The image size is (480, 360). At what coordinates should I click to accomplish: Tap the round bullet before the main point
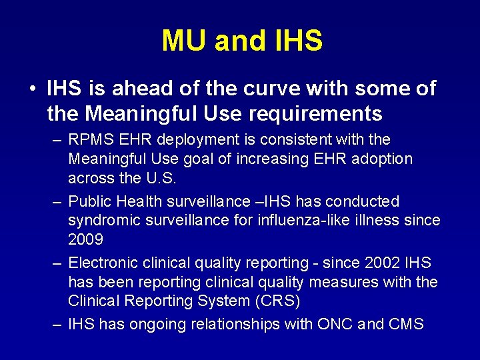click(x=32, y=89)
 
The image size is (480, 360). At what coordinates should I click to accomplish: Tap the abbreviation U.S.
click(x=163, y=177)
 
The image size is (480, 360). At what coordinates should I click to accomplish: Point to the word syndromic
click(x=101, y=220)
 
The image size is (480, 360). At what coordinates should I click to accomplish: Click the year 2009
click(x=85, y=239)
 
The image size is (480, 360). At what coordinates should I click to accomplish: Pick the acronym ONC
click(x=339, y=325)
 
